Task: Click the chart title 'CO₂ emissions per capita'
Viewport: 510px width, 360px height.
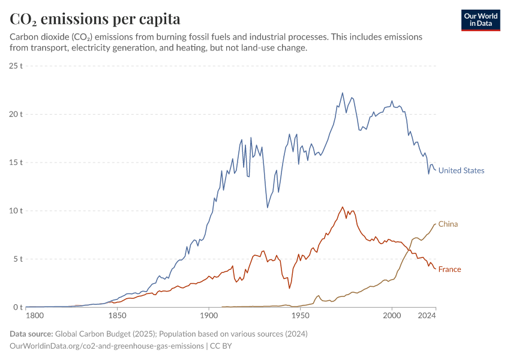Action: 95,19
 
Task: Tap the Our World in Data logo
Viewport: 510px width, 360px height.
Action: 481,20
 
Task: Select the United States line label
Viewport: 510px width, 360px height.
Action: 461,170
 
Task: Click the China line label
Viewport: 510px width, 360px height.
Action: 448,224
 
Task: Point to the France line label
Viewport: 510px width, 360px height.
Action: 449,269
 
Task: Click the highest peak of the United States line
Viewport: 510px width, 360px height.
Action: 343,93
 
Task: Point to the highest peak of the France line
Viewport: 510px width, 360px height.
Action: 343,207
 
